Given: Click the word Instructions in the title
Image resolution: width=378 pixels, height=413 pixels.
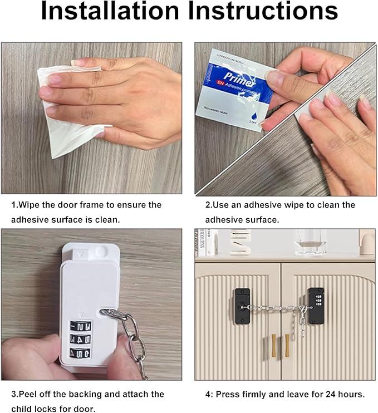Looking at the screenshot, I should pyautogui.click(x=262, y=13).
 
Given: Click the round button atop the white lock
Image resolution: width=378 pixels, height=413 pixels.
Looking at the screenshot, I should pyautogui.click(x=101, y=252).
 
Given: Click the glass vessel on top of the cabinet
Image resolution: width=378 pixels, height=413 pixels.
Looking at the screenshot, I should pyautogui.click(x=310, y=242).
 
